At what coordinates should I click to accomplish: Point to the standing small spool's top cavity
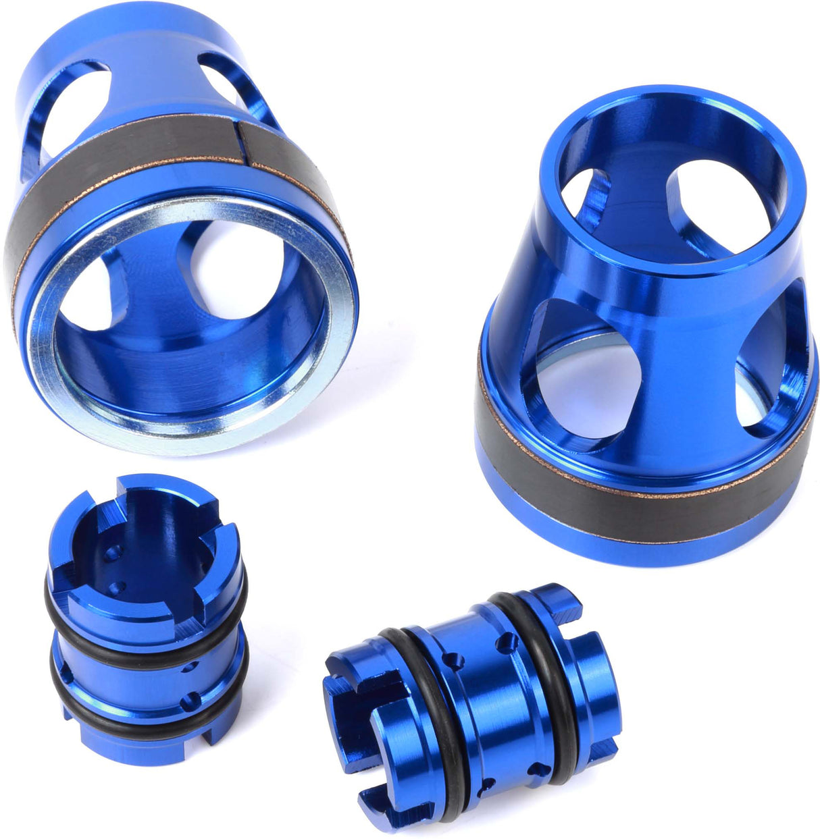142,533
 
